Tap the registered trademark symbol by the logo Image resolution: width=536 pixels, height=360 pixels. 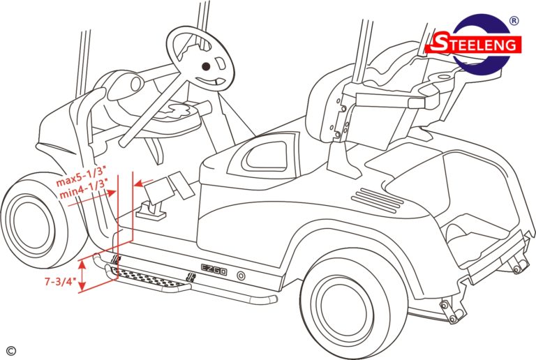pyautogui.click(x=514, y=21)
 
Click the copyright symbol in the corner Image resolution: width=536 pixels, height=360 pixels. pyautogui.click(x=10, y=350)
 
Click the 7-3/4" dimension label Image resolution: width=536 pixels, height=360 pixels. pyautogui.click(x=61, y=282)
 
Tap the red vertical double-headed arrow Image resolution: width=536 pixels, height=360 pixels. pyautogui.click(x=82, y=276)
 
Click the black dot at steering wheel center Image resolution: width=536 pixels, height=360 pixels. pyautogui.click(x=206, y=66)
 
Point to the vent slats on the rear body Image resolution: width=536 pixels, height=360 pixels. pyautogui.click(x=378, y=200)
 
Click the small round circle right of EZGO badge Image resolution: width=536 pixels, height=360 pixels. pyautogui.click(x=241, y=276)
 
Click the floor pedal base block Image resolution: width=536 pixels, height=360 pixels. pyautogui.click(x=151, y=211)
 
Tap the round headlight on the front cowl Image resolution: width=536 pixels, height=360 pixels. pyautogui.click(x=135, y=84)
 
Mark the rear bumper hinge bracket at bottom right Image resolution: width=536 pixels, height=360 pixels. pyautogui.click(x=451, y=310)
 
